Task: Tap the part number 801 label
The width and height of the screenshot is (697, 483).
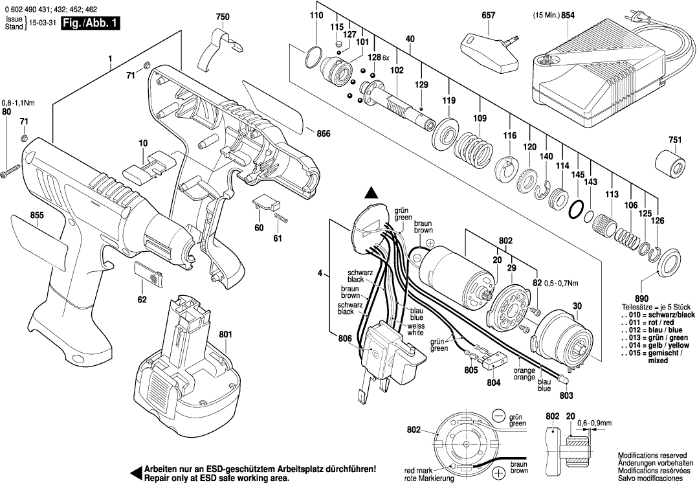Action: [225, 334]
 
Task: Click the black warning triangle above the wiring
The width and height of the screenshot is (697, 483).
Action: [371, 192]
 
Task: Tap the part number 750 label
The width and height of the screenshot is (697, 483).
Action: [222, 17]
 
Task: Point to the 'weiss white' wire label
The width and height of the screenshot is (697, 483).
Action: [415, 329]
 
